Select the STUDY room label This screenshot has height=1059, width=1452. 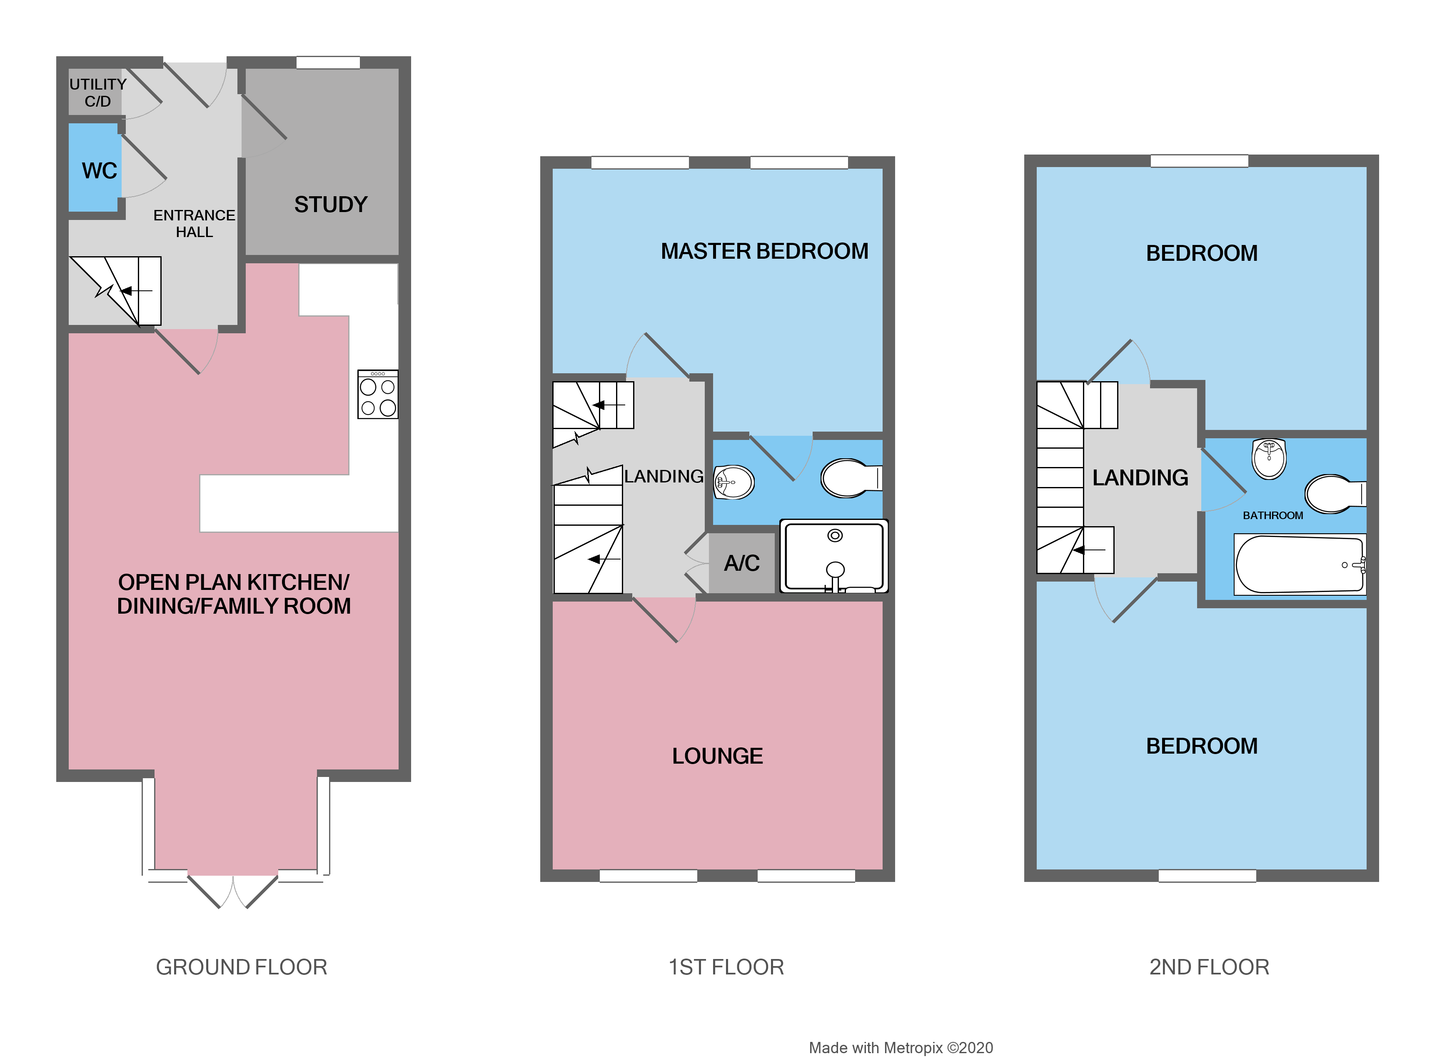coord(331,205)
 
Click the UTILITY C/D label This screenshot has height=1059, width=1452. coord(97,93)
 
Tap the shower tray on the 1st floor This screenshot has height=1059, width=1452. coord(833,556)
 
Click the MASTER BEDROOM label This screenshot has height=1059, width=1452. coord(764,251)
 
